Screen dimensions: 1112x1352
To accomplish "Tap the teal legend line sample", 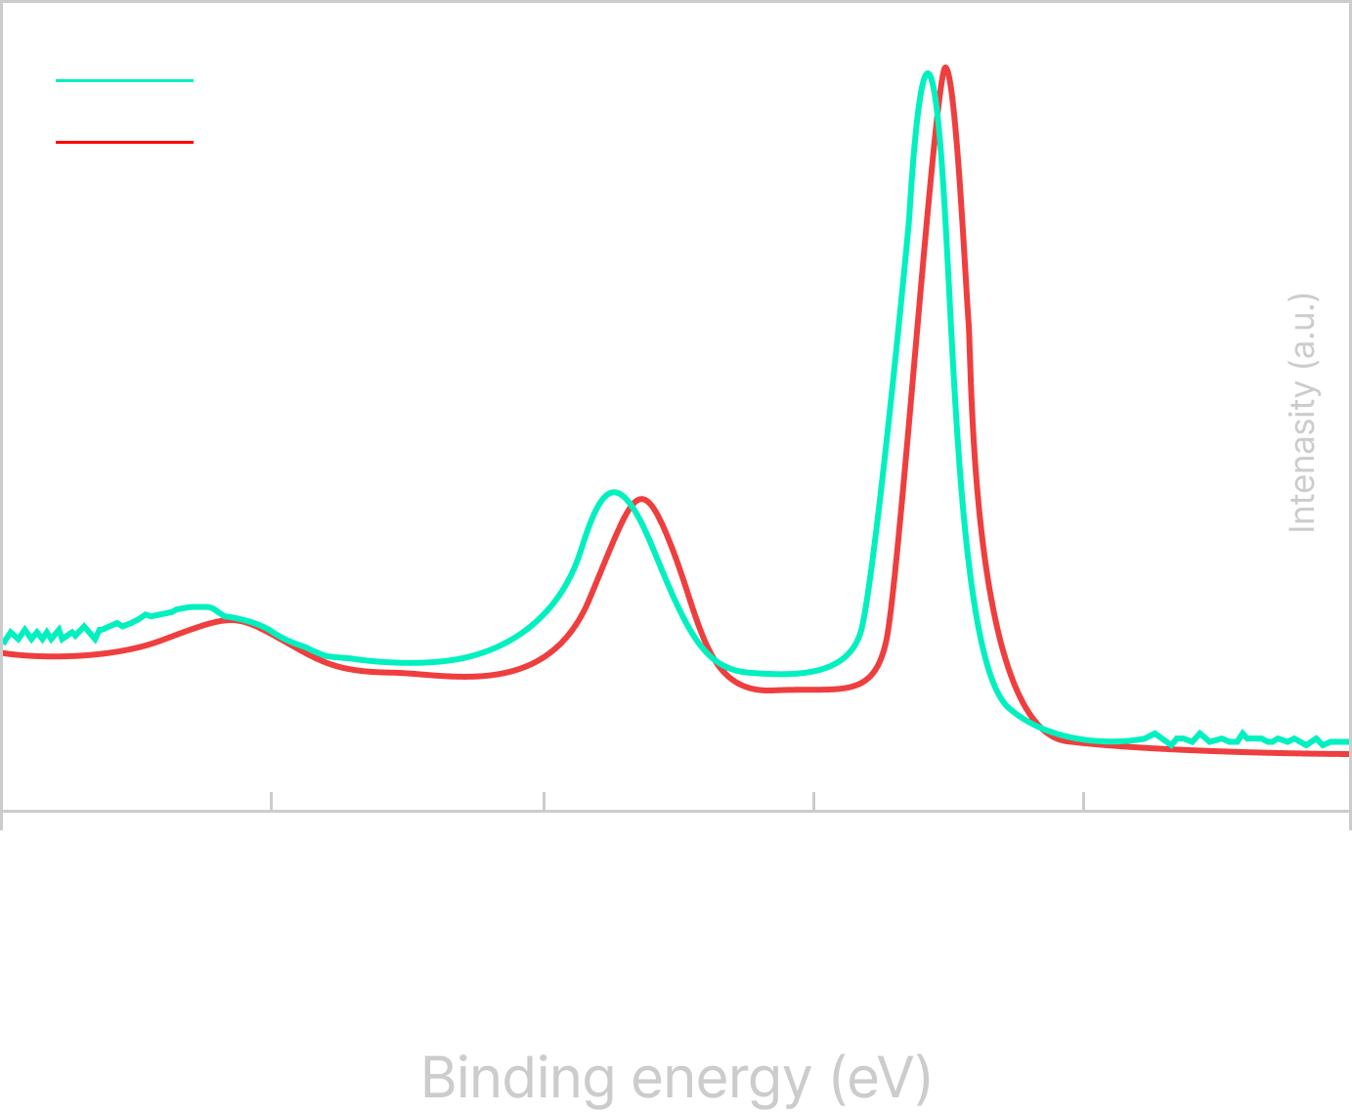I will pyautogui.click(x=124, y=81).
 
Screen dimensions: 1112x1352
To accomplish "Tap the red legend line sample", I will pyautogui.click(x=124, y=142).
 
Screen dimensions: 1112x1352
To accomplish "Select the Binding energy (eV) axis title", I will pyautogui.click(x=676, y=1078).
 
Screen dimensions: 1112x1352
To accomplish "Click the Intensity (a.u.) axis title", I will pyautogui.click(x=1302, y=413).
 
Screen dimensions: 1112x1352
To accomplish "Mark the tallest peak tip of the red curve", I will pyautogui.click(x=945, y=67).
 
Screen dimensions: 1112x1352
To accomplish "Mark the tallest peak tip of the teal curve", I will pyautogui.click(x=928, y=72).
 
